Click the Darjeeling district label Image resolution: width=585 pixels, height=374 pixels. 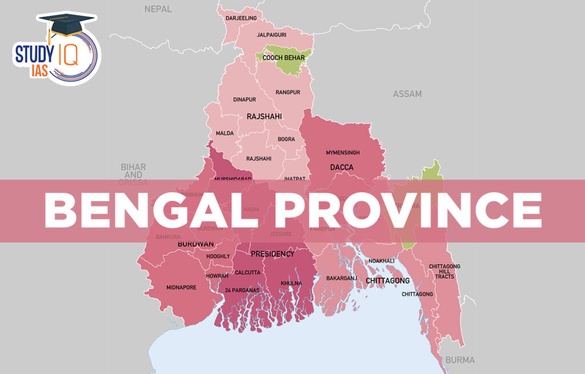[x=241, y=18]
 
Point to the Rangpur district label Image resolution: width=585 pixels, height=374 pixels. [x=287, y=92]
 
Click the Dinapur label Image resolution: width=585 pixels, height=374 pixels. [x=245, y=99]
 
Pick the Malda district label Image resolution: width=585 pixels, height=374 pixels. [x=225, y=133]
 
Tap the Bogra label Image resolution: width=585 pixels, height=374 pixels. [x=286, y=139]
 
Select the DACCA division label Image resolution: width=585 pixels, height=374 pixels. [x=342, y=167]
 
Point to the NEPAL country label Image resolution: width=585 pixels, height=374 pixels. [x=158, y=9]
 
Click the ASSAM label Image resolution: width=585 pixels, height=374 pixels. [x=407, y=94]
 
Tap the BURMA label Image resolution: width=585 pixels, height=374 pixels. [x=459, y=360]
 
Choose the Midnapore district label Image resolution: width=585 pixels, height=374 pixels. [x=181, y=287]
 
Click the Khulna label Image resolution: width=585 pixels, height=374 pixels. [x=291, y=283]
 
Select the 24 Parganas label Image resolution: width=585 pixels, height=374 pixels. [x=242, y=291]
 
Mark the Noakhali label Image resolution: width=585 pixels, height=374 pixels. [x=382, y=260]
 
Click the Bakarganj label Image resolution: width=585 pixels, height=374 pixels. [x=341, y=278]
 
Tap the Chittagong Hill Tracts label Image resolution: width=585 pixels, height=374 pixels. [x=444, y=271]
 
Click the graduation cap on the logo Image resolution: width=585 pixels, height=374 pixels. [x=64, y=26]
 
